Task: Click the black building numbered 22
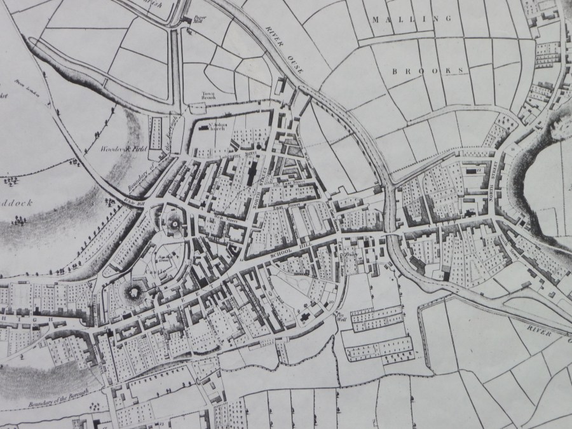pyautogui.click(x=472, y=170)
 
